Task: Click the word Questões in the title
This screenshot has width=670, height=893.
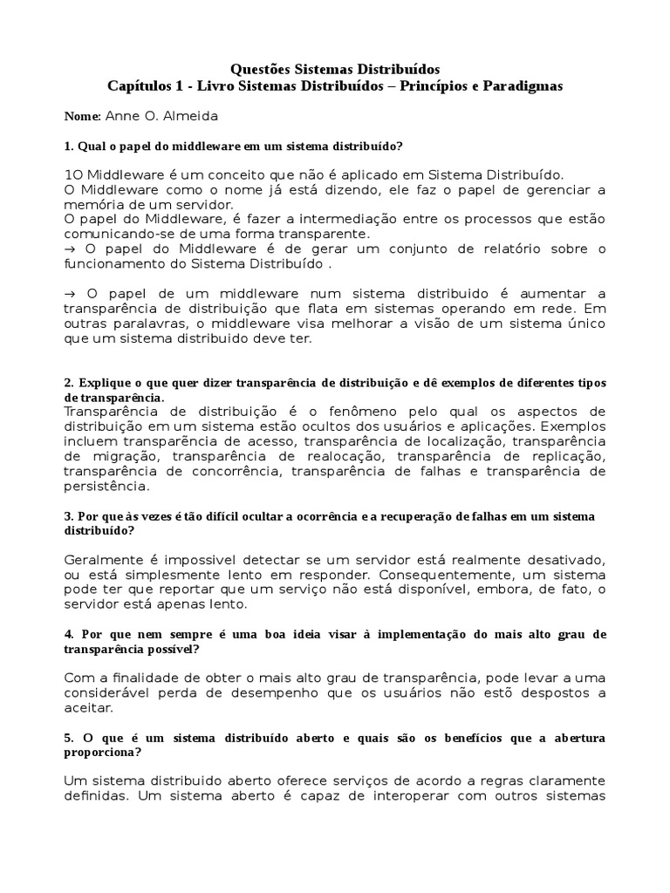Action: (x=258, y=68)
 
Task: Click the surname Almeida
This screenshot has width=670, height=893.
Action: (x=193, y=116)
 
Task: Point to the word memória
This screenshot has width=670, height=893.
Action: (x=91, y=203)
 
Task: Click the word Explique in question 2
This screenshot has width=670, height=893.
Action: (x=106, y=384)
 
